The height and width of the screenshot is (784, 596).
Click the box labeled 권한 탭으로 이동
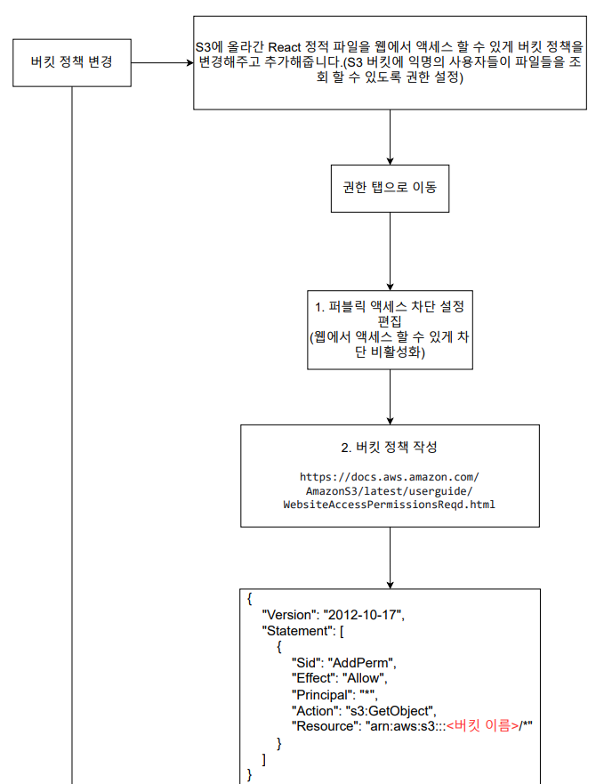coord(390,189)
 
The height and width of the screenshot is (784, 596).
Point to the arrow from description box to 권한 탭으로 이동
coord(390,137)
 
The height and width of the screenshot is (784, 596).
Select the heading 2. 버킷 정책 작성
coord(390,447)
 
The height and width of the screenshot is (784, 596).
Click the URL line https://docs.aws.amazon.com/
coord(390,477)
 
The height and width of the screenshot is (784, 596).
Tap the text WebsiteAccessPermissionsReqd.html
coord(390,505)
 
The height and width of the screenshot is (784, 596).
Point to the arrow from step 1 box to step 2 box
coord(390,396)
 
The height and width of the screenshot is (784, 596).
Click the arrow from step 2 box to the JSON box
coord(390,560)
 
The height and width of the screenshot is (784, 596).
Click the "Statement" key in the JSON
coord(297,631)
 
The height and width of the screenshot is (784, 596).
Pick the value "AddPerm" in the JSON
coord(361,663)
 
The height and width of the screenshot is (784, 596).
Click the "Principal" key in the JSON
coord(321,694)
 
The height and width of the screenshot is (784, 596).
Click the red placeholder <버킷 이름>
coord(483,726)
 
